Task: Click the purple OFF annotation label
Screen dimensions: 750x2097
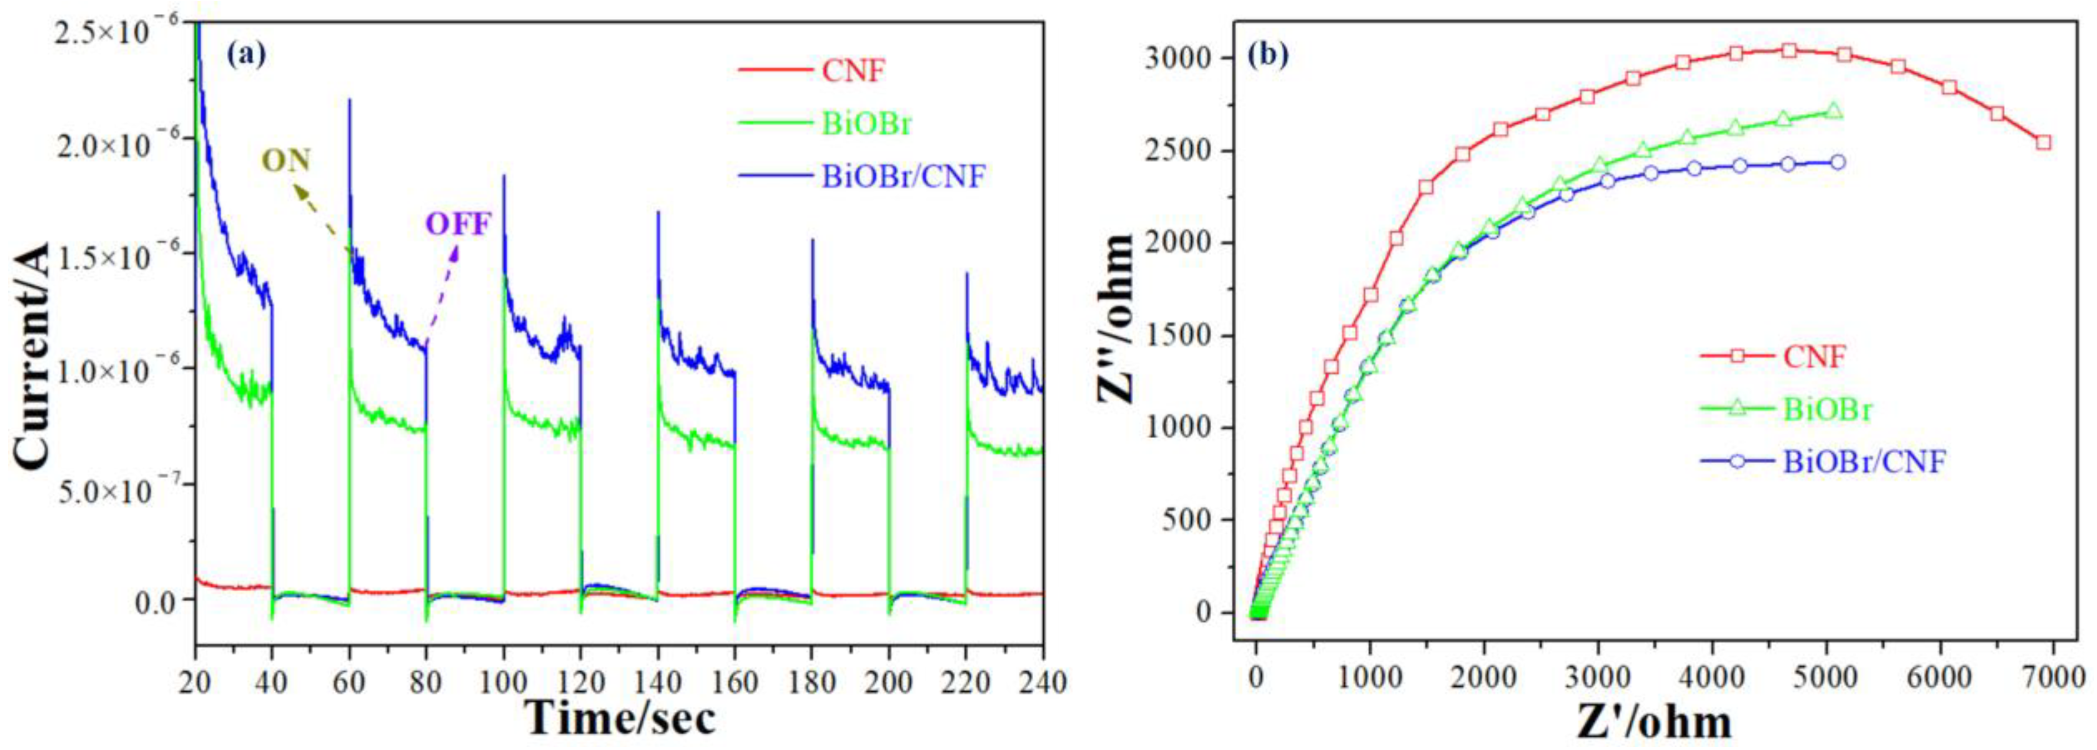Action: coord(458,224)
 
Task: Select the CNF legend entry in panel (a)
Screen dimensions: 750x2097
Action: coord(853,71)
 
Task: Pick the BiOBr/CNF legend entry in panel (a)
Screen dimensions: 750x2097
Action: coord(904,176)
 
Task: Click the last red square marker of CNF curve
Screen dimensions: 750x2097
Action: coord(2043,143)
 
